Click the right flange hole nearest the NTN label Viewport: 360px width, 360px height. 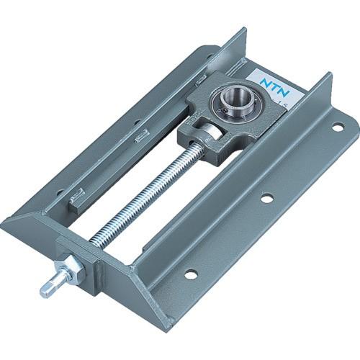click(336, 128)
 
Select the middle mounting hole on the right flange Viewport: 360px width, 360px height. click(267, 197)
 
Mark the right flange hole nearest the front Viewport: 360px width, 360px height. click(190, 274)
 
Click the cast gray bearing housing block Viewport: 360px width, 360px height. click(216, 115)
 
